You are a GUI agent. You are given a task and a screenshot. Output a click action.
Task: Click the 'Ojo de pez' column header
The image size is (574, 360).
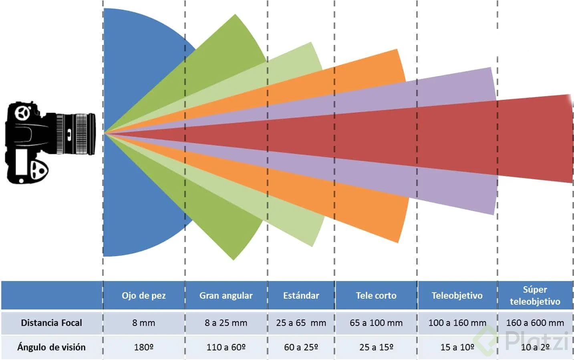click(143, 296)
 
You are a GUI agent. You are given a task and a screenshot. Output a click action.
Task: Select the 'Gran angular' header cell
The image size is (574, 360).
click(226, 296)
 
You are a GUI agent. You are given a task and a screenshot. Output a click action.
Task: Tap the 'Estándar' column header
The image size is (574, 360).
click(301, 296)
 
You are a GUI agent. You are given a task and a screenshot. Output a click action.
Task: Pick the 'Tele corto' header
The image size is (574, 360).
click(376, 296)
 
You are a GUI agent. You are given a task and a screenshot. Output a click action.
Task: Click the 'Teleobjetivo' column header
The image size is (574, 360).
click(457, 296)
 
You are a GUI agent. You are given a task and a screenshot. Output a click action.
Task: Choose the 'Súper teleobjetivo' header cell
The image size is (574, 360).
click(535, 295)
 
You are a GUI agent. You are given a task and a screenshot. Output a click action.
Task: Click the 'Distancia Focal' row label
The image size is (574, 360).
click(51, 323)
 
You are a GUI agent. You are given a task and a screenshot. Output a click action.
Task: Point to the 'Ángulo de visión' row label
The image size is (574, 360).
click(51, 347)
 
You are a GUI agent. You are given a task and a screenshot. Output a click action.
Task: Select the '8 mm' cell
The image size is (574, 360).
click(143, 323)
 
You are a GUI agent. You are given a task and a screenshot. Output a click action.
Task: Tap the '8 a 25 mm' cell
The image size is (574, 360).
click(226, 323)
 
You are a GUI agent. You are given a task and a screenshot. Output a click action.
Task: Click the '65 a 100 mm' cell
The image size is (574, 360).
click(376, 323)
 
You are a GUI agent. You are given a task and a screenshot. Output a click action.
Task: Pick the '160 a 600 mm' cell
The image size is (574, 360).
click(535, 323)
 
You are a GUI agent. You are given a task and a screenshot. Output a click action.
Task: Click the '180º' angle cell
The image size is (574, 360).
click(143, 347)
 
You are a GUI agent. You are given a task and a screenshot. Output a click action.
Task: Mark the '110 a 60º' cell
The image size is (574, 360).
click(226, 347)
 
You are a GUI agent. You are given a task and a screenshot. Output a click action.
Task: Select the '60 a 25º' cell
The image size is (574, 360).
click(301, 347)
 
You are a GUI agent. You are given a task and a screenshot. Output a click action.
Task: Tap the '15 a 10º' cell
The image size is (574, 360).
click(457, 347)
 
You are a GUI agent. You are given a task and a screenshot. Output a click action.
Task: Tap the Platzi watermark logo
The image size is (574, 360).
click(525, 341)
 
